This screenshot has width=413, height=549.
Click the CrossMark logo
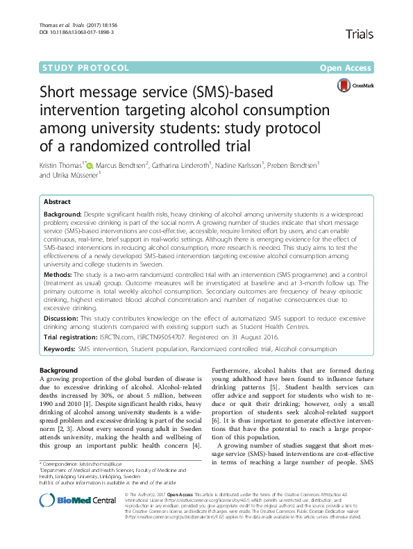click(x=355, y=85)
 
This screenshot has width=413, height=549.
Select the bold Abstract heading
click(x=58, y=201)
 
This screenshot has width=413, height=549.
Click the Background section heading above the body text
click(x=59, y=371)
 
